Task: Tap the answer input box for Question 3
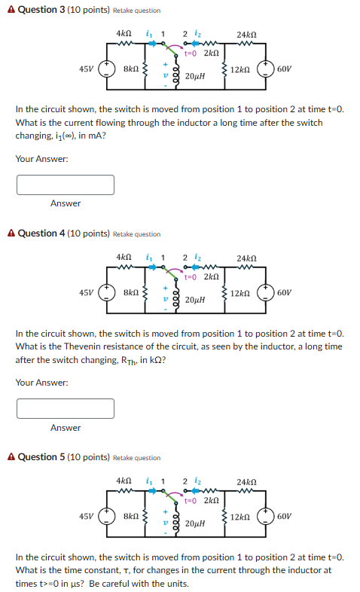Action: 66,185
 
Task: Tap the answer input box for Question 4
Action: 66,408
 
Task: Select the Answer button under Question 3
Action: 66,203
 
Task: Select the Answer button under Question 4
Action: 66,428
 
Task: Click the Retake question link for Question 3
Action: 136,11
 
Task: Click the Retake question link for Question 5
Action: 136,458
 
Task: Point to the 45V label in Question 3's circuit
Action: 87,69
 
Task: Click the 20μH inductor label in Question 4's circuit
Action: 194,300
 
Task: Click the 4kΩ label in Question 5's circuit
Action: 124,481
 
